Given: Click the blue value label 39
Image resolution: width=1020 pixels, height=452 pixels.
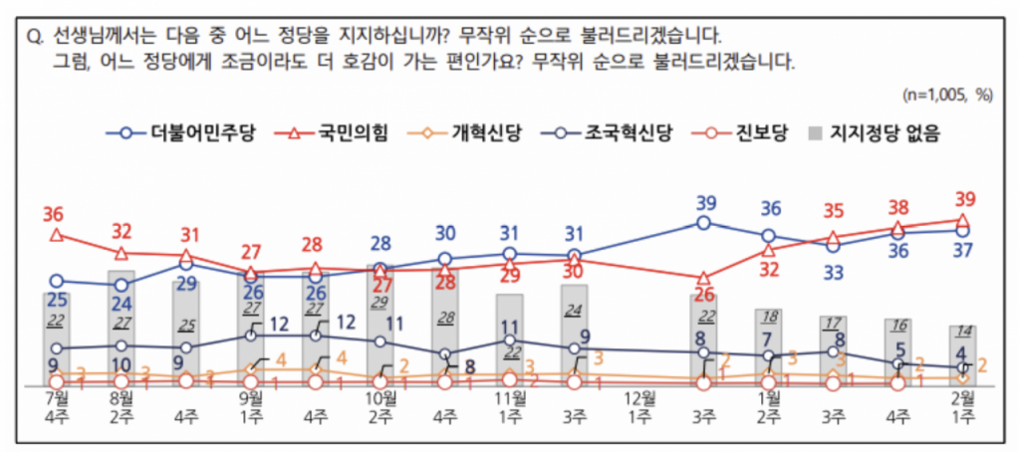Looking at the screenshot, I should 705,203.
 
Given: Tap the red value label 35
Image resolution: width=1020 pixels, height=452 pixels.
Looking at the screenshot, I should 834,211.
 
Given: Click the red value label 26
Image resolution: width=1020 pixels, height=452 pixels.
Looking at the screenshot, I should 704,295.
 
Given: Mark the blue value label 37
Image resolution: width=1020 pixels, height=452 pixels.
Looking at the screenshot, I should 962,251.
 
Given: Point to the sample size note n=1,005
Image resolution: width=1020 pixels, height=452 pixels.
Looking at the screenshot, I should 946,96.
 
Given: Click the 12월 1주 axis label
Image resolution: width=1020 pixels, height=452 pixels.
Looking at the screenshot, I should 638,407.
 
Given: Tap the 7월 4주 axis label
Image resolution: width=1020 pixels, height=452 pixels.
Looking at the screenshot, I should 57,407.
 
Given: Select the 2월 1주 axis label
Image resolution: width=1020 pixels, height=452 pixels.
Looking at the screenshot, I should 962,407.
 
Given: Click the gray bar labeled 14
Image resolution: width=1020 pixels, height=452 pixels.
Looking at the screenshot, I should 962,354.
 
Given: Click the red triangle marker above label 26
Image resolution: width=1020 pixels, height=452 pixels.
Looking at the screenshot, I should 704,278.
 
